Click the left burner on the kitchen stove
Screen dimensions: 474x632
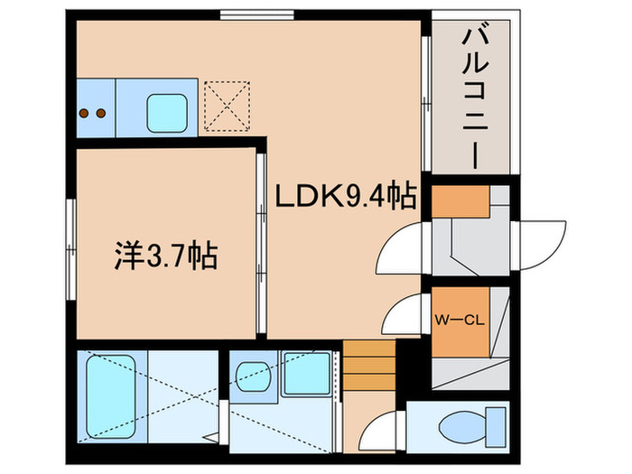(85, 114)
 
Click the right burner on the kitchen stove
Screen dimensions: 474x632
(101, 114)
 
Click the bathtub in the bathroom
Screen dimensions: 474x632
(111, 396)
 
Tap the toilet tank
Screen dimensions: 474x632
(495, 423)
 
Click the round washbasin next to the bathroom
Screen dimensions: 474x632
(252, 373)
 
